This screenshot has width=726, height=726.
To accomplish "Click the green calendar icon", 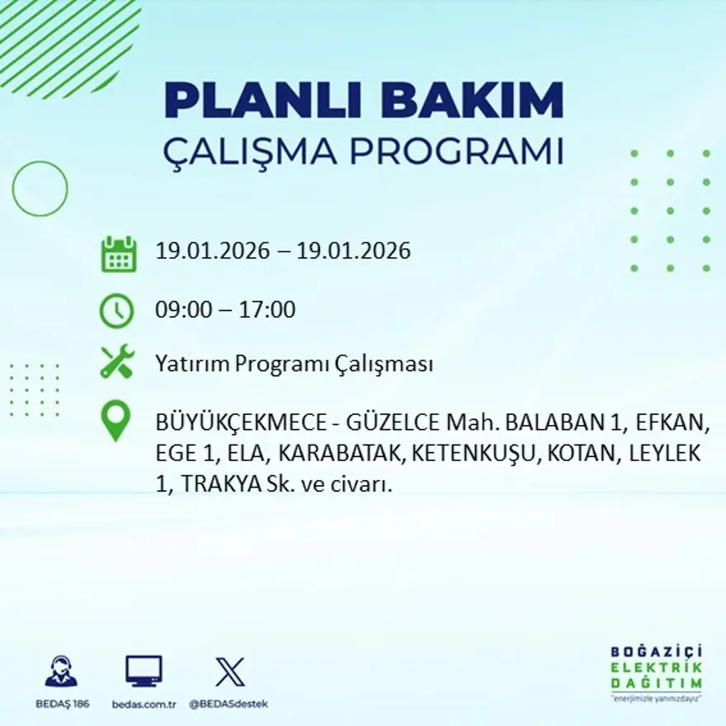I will pyautogui.click(x=118, y=254).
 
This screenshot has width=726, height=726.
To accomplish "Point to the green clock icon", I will pyautogui.click(x=116, y=311).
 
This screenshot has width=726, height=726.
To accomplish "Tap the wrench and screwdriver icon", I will pyautogui.click(x=116, y=363).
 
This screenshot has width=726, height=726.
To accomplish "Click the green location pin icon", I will pyautogui.click(x=116, y=420).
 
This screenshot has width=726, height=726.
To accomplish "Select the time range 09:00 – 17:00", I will pyautogui.click(x=225, y=311).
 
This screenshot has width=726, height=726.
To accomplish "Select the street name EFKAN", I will pyautogui.click(x=678, y=423).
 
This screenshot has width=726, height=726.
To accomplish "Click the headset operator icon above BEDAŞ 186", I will pyautogui.click(x=61, y=672).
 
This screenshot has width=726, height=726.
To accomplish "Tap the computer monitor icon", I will pyautogui.click(x=144, y=672).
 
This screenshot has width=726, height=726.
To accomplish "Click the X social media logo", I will pyautogui.click(x=229, y=672).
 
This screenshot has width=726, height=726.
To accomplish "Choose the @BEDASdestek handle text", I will pyautogui.click(x=229, y=704).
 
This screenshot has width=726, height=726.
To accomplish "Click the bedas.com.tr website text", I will pyautogui.click(x=144, y=704).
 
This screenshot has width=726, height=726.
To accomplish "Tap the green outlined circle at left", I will pyautogui.click(x=40, y=189).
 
